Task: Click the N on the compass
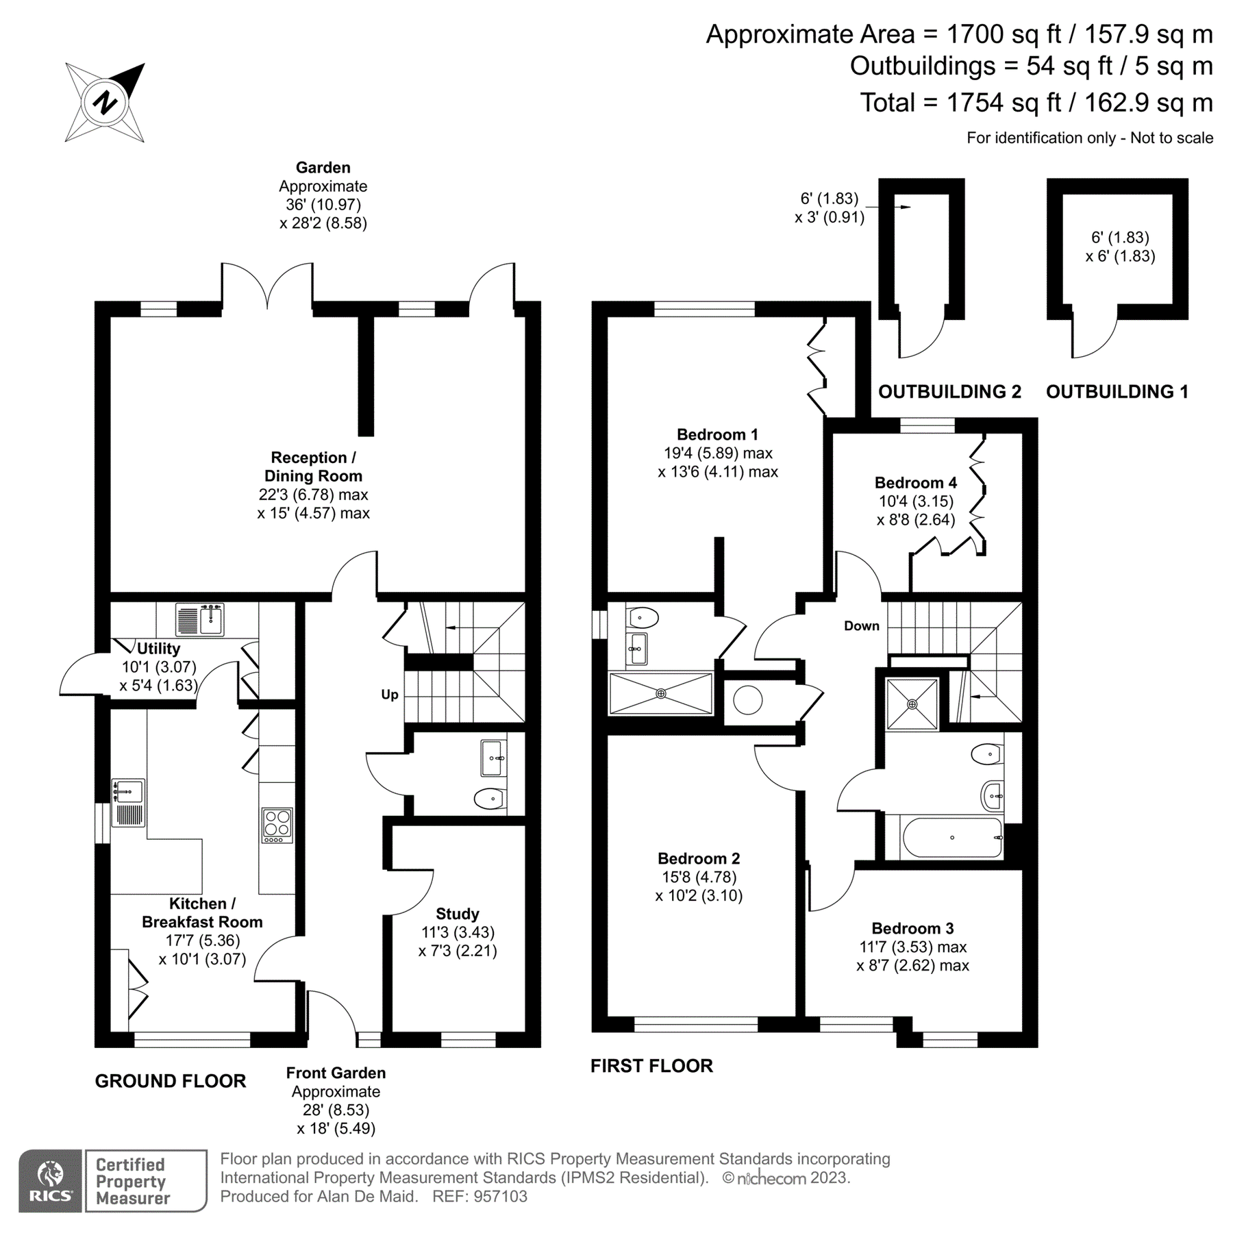click(x=105, y=103)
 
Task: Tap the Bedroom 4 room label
click(x=915, y=482)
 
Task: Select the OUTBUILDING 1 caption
click(x=1117, y=392)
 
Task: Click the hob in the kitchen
click(x=277, y=825)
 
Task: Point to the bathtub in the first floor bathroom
click(x=952, y=838)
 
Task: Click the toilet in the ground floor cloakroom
click(x=489, y=797)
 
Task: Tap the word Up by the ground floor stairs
click(x=389, y=695)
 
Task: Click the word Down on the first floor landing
click(x=861, y=625)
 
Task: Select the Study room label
click(x=458, y=914)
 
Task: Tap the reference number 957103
click(x=500, y=1197)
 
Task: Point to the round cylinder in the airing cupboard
click(x=747, y=700)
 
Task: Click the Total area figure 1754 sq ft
click(x=1006, y=103)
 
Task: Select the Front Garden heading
click(x=336, y=1073)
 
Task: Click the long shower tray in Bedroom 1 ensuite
click(x=661, y=693)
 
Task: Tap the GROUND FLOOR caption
click(x=170, y=1081)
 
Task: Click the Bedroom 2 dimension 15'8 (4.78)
click(x=698, y=877)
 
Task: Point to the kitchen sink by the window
click(x=128, y=792)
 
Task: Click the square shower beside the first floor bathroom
click(x=912, y=703)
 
